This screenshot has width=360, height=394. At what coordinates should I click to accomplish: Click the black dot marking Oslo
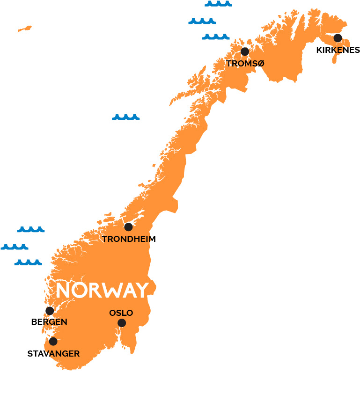click(x=122, y=323)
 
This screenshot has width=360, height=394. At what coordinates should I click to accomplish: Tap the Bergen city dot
click(x=50, y=311)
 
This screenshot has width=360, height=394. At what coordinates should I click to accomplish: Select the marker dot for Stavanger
click(x=53, y=342)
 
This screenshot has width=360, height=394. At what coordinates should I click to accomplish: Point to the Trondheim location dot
click(x=128, y=227)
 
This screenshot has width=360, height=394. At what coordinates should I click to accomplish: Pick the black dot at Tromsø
click(x=244, y=51)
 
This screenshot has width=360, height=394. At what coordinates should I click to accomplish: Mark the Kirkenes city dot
click(x=338, y=38)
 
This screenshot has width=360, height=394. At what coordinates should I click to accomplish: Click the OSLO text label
click(x=121, y=313)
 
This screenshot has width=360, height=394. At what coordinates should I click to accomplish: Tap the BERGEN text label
click(x=49, y=322)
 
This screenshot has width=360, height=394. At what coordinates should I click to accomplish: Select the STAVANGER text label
click(x=53, y=354)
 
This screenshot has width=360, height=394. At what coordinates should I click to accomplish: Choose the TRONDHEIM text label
click(x=129, y=239)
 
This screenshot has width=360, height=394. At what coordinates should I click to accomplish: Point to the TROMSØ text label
click(x=245, y=63)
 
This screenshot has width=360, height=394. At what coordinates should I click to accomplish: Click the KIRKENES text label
click(x=338, y=50)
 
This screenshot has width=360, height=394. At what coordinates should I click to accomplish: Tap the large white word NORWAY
click(x=102, y=290)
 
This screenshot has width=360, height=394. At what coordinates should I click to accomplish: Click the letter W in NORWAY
click(x=108, y=290)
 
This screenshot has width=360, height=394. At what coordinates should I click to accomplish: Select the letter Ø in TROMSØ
click(x=260, y=63)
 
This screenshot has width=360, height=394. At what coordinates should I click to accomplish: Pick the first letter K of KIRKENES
click(x=319, y=50)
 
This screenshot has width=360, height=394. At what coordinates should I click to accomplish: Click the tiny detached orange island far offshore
click(x=25, y=29)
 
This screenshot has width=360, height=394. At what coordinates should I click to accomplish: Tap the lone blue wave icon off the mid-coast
click(x=125, y=117)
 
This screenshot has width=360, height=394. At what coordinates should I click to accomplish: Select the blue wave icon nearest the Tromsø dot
click(x=216, y=36)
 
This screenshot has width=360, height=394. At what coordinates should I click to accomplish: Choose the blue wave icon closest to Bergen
click(x=28, y=263)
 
